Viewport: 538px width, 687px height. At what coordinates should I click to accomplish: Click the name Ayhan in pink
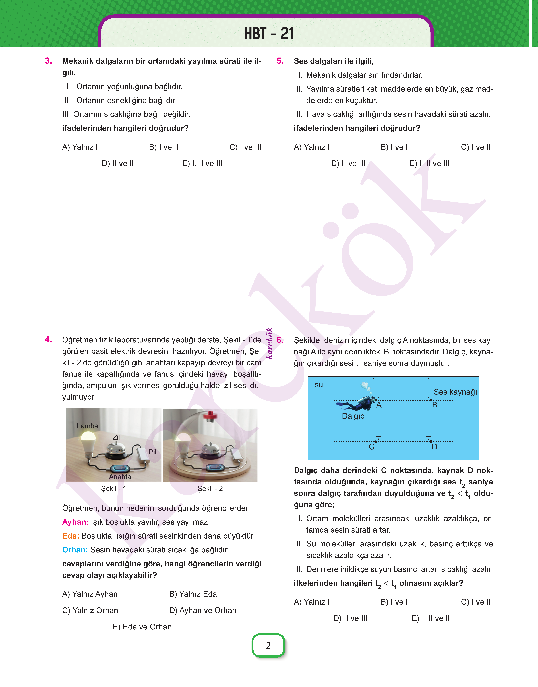[75, 522]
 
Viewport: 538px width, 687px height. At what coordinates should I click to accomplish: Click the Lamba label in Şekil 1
[87, 426]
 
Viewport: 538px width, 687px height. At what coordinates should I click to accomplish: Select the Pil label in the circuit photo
[152, 452]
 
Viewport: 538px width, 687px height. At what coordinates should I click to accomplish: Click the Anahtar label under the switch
[121, 477]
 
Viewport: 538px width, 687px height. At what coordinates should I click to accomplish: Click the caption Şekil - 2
[210, 489]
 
